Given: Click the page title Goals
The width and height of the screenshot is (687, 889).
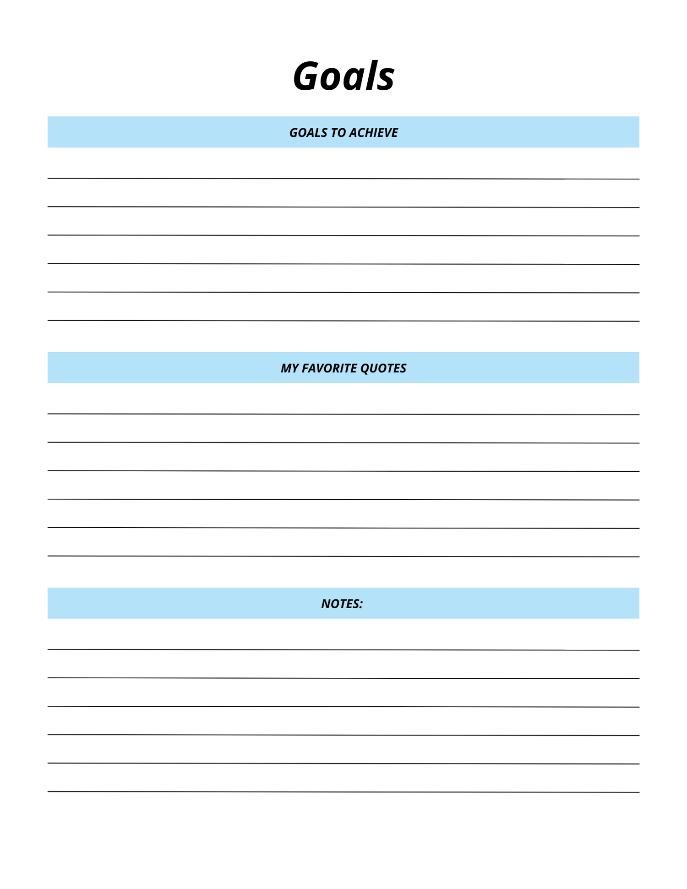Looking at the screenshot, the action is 343,76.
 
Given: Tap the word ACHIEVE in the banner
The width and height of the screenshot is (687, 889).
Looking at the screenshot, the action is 374,133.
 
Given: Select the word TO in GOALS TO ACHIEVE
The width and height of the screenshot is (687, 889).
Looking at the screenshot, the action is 338,133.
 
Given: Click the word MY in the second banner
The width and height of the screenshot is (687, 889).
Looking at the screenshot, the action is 290,368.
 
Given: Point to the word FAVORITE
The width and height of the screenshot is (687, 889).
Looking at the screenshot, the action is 329,368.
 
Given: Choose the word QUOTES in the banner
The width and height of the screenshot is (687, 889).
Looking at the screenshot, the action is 383,369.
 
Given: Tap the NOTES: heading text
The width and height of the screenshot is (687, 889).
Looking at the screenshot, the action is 342,604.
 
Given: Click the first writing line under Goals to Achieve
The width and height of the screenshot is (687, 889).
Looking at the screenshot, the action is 343,178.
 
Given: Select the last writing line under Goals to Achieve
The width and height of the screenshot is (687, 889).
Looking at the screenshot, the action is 343,321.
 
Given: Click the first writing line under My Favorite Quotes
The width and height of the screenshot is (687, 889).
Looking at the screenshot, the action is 343,414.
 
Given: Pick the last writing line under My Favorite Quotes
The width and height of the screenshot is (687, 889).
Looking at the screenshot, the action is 343,556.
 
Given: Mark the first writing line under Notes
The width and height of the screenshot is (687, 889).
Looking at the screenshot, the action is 343,649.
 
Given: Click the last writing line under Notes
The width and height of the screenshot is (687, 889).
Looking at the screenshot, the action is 343,791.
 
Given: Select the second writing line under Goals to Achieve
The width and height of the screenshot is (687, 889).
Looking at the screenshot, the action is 343,207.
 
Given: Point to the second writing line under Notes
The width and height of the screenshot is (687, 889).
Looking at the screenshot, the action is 343,678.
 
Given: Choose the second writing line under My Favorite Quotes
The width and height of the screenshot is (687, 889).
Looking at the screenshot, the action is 343,442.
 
